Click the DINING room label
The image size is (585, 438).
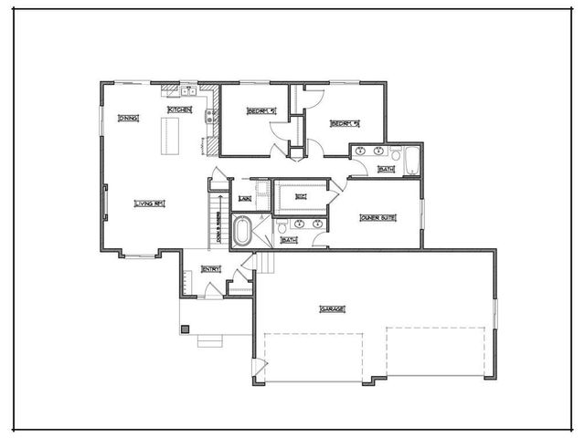pos(128,118)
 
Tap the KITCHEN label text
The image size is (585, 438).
pos(178,110)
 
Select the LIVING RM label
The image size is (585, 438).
pos(148,203)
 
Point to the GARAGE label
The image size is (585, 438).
pos(332,309)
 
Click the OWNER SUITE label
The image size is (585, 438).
pos(377,218)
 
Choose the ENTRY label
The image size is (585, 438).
pos(211,269)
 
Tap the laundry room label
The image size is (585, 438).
pos(244,198)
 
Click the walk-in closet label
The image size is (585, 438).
pos(299,197)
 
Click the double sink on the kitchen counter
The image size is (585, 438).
pos(189,90)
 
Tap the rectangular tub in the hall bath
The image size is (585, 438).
pos(410,161)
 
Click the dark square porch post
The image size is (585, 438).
pos(185,328)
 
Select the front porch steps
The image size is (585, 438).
pos(210,341)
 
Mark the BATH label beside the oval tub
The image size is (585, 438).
pos(289,240)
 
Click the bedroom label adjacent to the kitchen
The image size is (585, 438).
pos(261,112)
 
